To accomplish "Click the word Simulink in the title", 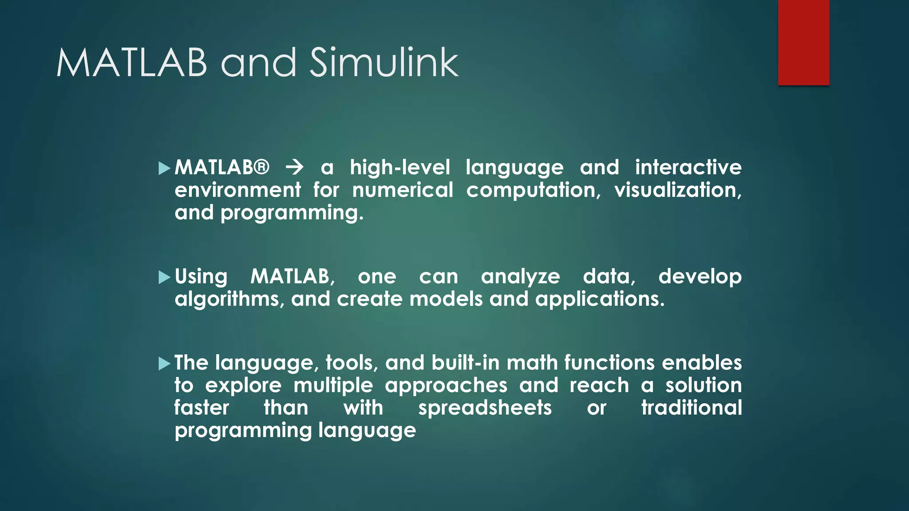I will (384, 63).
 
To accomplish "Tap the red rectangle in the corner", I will (803, 43).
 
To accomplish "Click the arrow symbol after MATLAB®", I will (295, 168).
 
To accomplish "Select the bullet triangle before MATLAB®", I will (164, 168).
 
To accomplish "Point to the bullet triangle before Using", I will (164, 278).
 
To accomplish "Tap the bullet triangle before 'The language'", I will (164, 364).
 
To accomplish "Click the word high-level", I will (399, 168).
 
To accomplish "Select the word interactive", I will (688, 168).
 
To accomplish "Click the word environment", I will (238, 190).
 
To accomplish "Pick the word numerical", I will (403, 190).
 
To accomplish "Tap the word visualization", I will (677, 190).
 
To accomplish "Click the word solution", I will (703, 385).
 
